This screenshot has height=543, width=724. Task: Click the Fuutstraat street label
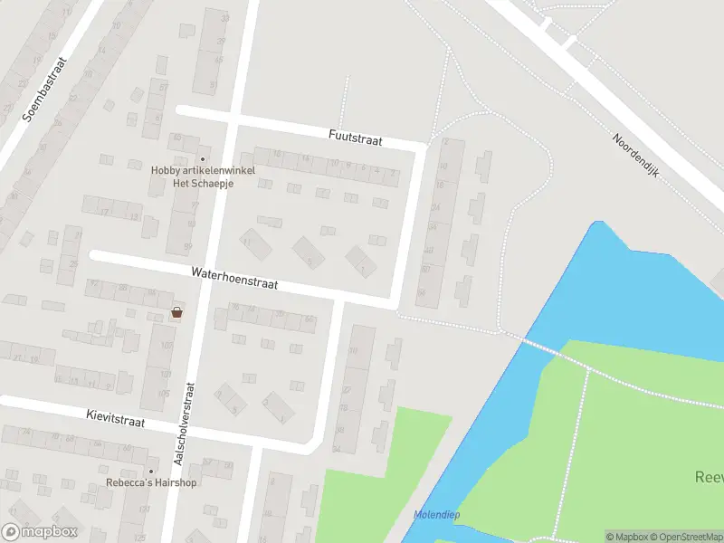click(x=356, y=140)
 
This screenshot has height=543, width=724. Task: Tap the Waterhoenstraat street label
click(x=233, y=278)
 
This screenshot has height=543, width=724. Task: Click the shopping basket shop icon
click(x=177, y=313)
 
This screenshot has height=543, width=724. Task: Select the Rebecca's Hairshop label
click(x=150, y=482)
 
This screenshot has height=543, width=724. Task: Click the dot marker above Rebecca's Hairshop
click(x=150, y=472)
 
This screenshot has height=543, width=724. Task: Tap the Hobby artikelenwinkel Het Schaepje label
click(x=203, y=176)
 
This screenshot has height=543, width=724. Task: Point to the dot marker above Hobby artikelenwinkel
click(x=203, y=159)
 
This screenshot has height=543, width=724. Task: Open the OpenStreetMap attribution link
click(x=686, y=537)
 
